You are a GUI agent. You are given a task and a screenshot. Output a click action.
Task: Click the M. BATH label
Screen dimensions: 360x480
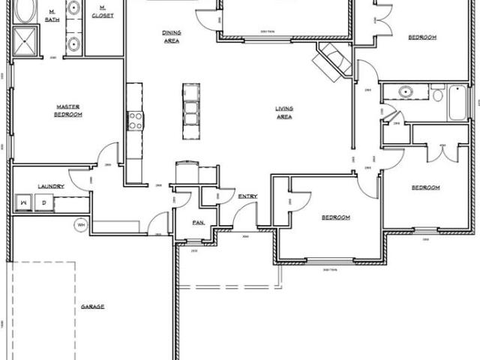(x=52, y=16)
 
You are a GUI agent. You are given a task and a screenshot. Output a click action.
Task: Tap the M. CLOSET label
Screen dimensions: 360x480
(x=102, y=13)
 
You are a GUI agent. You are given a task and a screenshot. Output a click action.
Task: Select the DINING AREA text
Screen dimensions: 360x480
(x=171, y=37)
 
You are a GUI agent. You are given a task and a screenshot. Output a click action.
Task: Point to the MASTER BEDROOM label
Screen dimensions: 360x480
(x=68, y=110)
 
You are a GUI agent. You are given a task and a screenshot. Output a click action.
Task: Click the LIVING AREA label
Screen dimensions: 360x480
(x=284, y=113)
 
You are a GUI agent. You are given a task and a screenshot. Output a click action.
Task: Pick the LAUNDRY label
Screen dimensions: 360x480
(x=51, y=186)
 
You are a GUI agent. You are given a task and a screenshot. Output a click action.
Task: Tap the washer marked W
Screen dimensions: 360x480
(x=24, y=202)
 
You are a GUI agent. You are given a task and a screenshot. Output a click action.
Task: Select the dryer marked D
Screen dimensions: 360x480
(x=43, y=202)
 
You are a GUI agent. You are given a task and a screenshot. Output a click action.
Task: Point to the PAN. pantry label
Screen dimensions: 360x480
(x=198, y=222)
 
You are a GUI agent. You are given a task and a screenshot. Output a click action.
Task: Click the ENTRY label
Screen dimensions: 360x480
(x=247, y=196)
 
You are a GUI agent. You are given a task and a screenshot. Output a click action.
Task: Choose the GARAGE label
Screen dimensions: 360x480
(x=93, y=307)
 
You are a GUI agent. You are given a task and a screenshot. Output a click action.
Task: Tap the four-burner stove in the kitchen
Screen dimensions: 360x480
(x=136, y=120)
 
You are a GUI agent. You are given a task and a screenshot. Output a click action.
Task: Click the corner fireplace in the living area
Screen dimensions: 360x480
(x=334, y=59)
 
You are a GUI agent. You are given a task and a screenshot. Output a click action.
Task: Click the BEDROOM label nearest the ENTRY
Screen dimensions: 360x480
(x=335, y=217)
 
